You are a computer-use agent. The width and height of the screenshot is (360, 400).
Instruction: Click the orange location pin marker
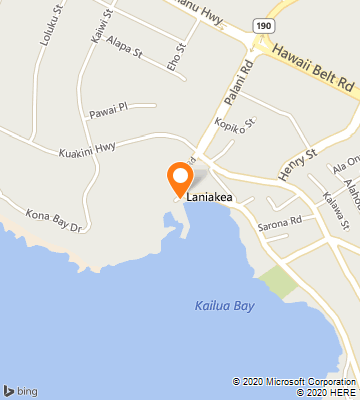tap(180, 178)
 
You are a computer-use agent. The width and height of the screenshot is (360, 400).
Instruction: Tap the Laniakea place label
tap(211, 198)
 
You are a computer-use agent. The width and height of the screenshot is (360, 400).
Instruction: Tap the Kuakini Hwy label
tap(87, 148)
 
